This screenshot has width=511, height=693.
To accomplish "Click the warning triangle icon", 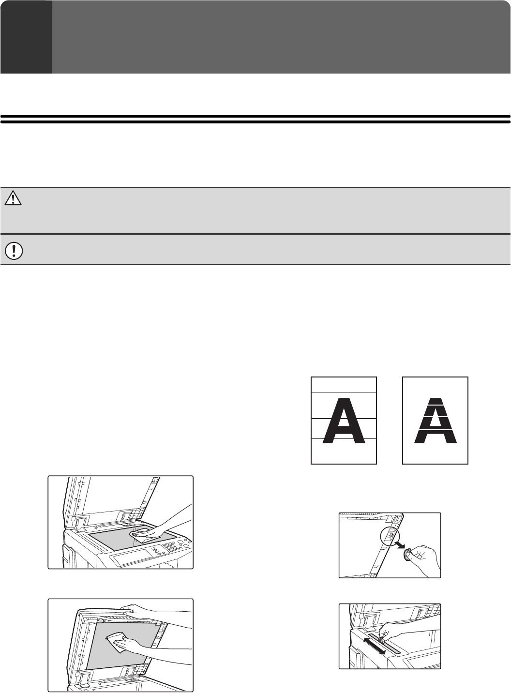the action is (13, 198).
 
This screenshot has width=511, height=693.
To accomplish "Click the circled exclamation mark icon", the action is (14, 250).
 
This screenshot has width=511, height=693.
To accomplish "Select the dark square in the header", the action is (26, 37).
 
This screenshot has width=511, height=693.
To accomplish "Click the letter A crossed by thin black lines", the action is (344, 421).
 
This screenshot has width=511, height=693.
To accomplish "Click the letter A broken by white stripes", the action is (435, 421).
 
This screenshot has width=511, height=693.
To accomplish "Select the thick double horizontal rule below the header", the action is (255, 119).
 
